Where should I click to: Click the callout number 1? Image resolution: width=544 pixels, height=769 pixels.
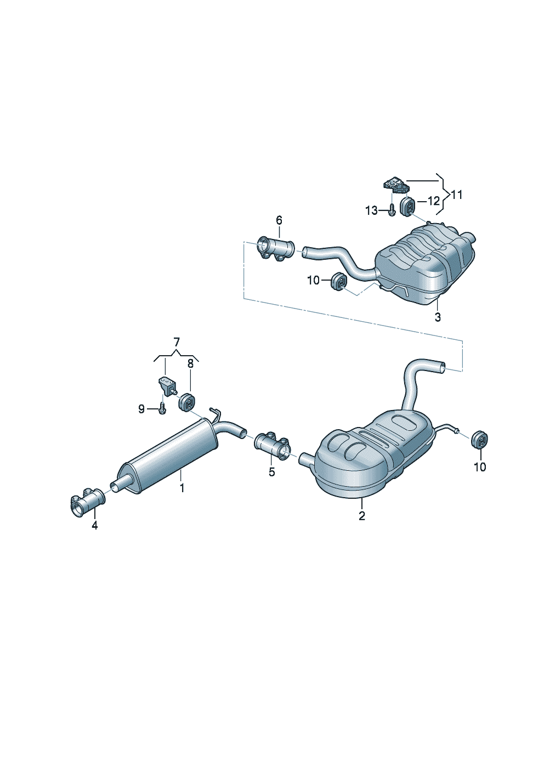[x=182, y=487]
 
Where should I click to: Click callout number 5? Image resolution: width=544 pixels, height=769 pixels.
[x=271, y=472]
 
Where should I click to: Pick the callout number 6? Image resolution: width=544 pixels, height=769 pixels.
[x=279, y=220]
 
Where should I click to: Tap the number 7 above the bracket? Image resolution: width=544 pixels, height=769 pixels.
[x=176, y=342]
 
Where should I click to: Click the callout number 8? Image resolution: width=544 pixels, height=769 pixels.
[x=190, y=364]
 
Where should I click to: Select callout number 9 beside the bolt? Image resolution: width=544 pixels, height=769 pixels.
[x=141, y=409]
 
